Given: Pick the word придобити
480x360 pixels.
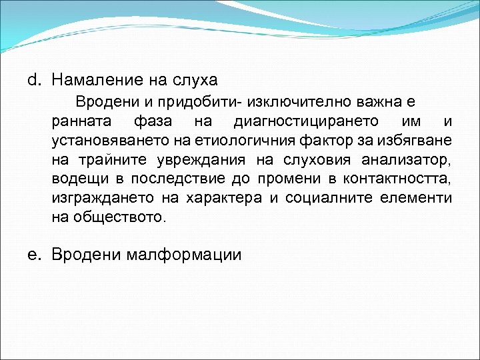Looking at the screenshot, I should click(x=207, y=103).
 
